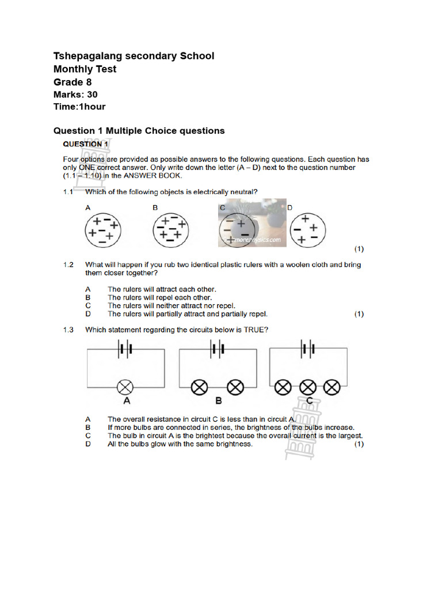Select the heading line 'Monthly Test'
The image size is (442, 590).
(x=85, y=69)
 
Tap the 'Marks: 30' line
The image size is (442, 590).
(x=75, y=94)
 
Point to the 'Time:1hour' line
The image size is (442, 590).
(x=79, y=107)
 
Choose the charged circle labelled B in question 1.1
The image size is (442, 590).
(x=170, y=230)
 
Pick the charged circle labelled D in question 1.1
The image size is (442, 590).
(x=305, y=230)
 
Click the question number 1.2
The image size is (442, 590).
(x=68, y=265)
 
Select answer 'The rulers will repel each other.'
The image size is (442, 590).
(x=155, y=298)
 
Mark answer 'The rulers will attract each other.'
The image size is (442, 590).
(x=162, y=289)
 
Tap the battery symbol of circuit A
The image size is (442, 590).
(x=125, y=349)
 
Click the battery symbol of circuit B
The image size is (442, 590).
(x=218, y=349)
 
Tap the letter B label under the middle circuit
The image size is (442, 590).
(x=218, y=401)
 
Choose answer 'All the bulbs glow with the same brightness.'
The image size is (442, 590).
(x=180, y=444)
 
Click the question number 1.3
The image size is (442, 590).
(x=68, y=330)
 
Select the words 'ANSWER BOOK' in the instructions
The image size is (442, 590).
(x=158, y=175)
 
